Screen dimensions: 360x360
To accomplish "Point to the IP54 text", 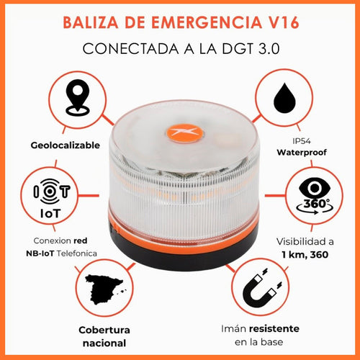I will point(302,139).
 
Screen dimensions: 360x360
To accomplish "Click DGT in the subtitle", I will point(228,49).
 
